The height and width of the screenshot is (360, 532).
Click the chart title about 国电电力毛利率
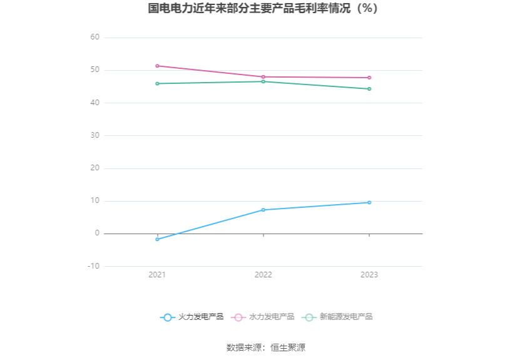point(265,9)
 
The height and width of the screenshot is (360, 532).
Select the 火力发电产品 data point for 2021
point(157,239)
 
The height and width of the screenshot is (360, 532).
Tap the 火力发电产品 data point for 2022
point(263,210)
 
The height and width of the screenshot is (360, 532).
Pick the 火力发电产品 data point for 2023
point(369,202)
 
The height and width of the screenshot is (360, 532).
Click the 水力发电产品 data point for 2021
point(157,66)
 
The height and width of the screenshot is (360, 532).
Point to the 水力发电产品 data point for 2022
point(263,77)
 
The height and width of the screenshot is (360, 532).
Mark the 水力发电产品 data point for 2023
point(369,78)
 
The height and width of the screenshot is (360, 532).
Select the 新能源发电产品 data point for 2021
point(157,83)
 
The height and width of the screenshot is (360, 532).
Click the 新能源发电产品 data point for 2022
point(263,81)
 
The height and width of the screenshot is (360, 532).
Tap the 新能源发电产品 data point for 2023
point(369,89)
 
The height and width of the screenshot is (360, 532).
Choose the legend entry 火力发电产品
point(192,317)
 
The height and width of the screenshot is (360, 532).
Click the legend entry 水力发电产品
point(263,317)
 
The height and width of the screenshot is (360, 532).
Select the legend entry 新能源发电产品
point(337,317)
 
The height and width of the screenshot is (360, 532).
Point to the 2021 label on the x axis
point(157,275)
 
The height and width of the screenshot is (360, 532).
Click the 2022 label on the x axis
point(263,275)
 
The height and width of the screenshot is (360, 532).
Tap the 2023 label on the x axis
point(369,275)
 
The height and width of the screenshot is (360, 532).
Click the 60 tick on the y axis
point(95,38)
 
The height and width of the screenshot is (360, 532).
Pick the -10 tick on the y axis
point(93,266)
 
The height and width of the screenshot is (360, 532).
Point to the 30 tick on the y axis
point(95,135)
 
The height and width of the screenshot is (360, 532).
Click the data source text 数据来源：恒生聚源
point(265,347)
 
